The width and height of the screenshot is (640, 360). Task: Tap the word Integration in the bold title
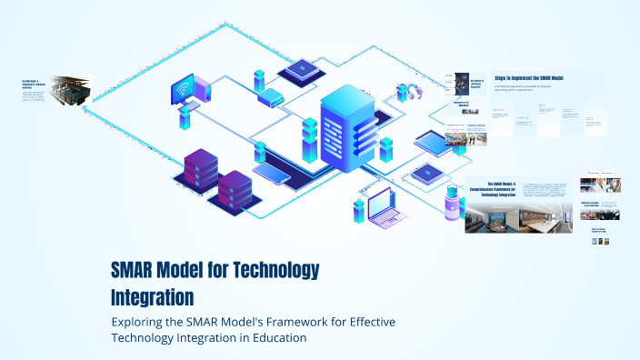coord(152,296)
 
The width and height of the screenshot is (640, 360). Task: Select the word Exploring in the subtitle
coord(138,322)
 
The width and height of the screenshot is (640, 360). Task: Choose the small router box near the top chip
coord(270,96)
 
